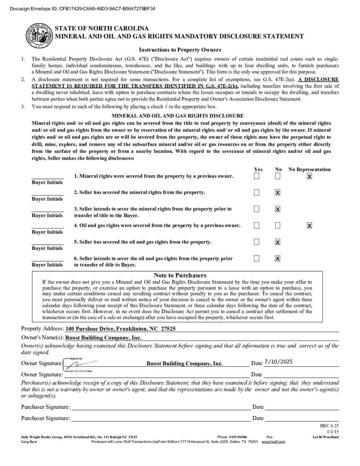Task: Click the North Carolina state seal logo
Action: click(39, 35)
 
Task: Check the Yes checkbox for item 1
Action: click(257, 176)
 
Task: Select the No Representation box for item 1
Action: click(309, 176)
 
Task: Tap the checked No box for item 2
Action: click(278, 192)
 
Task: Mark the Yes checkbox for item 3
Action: click(257, 209)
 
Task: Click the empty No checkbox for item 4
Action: click(278, 225)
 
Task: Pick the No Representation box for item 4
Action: click(309, 225)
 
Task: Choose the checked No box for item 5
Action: click(278, 242)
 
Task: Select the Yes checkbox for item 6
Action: click(257, 258)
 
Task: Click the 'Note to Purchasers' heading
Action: click(180, 275)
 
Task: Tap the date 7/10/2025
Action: click(278, 362)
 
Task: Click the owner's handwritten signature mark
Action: click(80, 364)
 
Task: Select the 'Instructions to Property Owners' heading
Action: click(180, 50)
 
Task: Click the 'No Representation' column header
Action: click(309, 169)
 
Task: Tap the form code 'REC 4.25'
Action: click(330, 426)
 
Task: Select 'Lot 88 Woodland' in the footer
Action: click(325, 437)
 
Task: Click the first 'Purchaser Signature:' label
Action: click(46, 407)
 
